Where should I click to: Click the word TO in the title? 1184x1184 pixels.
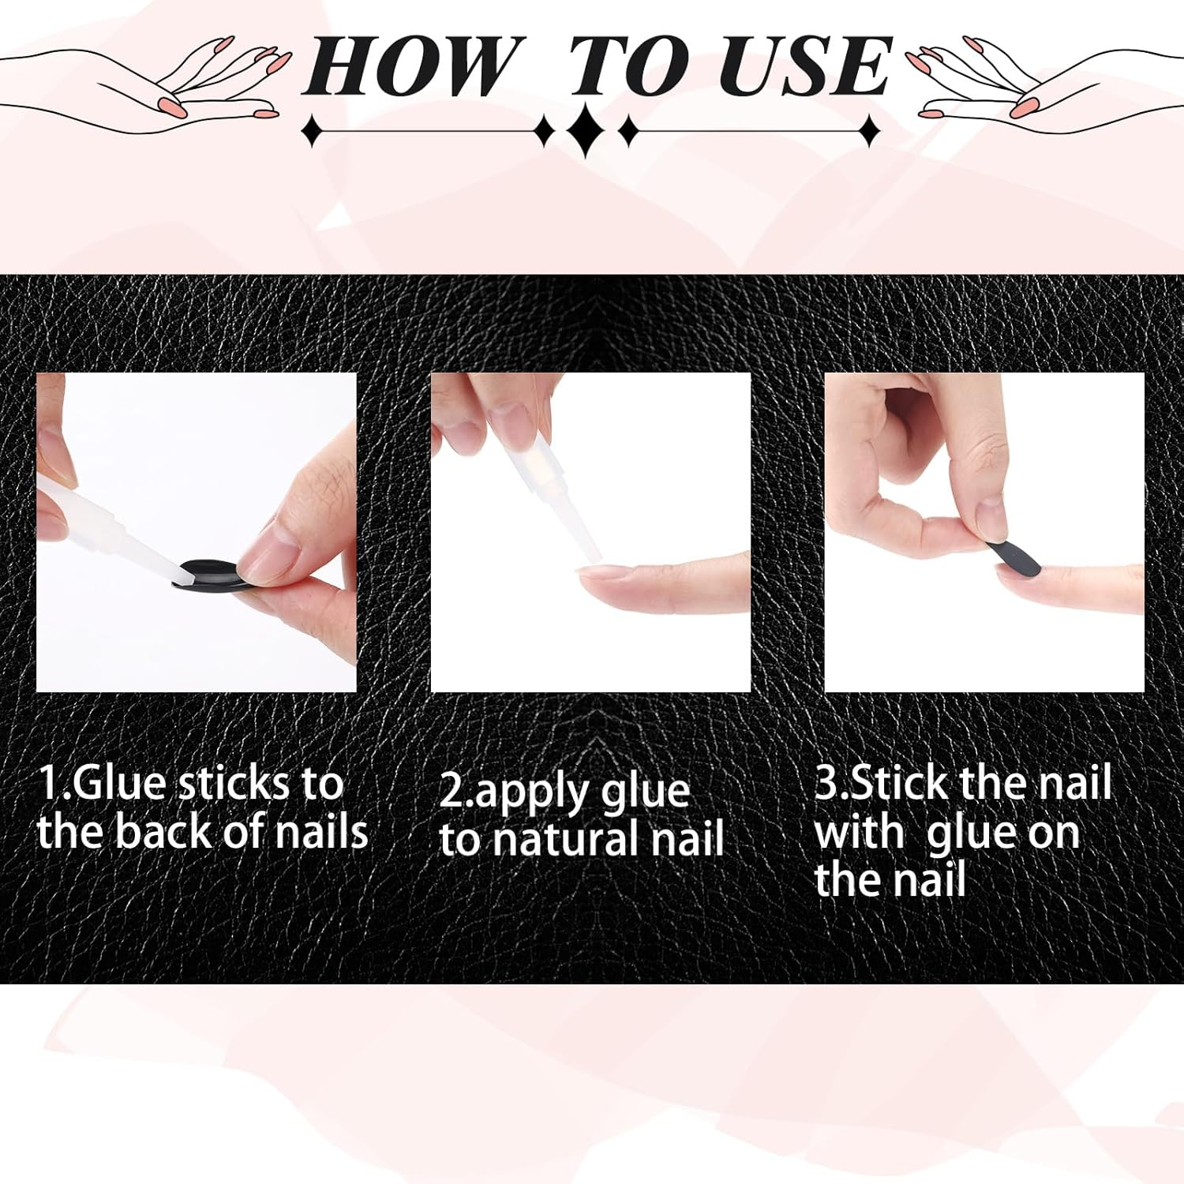tap(628, 68)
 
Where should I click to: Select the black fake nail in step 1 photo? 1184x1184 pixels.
tap(207, 571)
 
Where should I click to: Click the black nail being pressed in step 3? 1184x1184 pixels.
tap(1014, 556)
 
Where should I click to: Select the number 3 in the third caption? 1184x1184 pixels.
tap(826, 782)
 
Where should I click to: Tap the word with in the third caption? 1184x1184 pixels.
tap(860, 833)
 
